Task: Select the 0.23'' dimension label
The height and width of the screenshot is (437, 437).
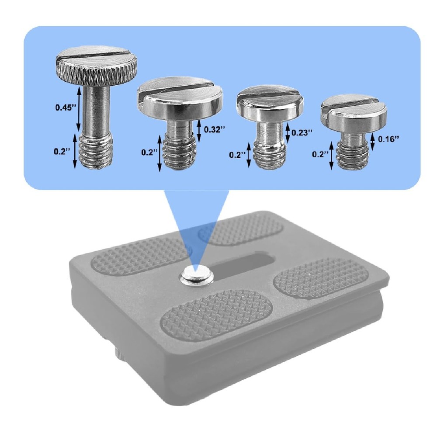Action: [302, 132]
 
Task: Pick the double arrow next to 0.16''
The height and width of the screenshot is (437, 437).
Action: [372, 141]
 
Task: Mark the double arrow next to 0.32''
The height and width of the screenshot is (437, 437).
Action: [199, 130]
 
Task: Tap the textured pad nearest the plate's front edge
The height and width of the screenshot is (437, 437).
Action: [216, 315]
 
